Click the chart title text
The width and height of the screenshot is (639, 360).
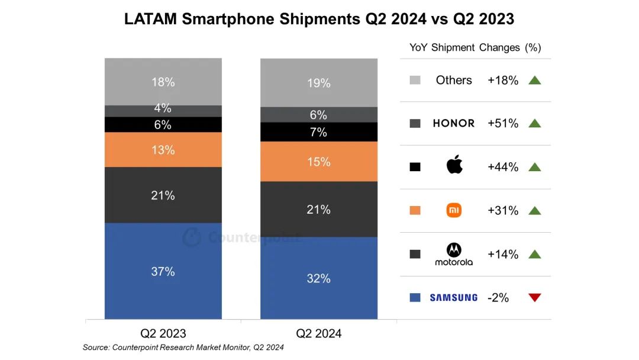[319, 19]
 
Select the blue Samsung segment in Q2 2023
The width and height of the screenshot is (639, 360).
[163, 271]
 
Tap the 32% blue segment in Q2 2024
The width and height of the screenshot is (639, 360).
[319, 278]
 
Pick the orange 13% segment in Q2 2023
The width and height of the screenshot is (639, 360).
[163, 150]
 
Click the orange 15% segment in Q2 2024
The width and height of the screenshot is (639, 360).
[319, 162]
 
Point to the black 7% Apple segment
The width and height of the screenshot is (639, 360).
[319, 132]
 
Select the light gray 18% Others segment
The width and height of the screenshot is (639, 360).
[163, 82]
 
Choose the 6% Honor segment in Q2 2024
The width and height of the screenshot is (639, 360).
[319, 115]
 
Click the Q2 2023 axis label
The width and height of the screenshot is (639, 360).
[163, 333]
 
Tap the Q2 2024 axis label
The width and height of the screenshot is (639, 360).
[319, 333]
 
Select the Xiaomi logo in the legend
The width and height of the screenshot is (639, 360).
[454, 210]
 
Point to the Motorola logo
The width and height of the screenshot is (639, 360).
[454, 254]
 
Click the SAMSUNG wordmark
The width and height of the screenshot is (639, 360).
[454, 298]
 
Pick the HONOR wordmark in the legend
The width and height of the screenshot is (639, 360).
[454, 123]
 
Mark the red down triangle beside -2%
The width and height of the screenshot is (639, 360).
[535, 298]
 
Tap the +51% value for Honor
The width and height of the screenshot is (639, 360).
[503, 123]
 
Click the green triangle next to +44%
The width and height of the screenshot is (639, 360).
[535, 167]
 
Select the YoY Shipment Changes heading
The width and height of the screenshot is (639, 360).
[475, 47]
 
